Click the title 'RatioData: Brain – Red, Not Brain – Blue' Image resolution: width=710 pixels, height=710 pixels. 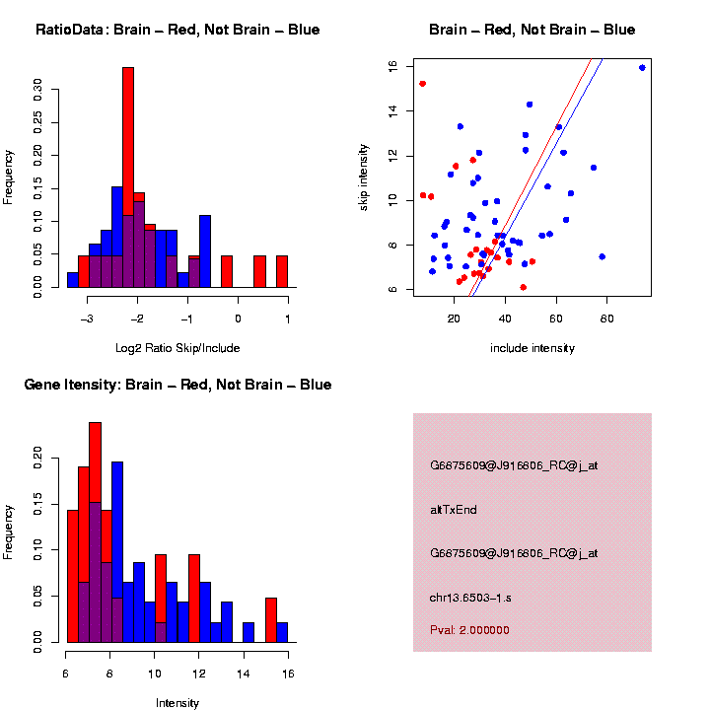pyautogui.click(x=177, y=30)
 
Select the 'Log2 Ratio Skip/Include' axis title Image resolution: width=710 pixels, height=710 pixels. pyautogui.click(x=177, y=347)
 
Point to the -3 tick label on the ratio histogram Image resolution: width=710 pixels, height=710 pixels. pyautogui.click(x=87, y=318)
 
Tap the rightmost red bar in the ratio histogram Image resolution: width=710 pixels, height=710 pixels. pyautogui.click(x=282, y=271)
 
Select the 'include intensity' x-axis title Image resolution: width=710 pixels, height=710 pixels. pyautogui.click(x=532, y=347)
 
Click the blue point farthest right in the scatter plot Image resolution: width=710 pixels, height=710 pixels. pyautogui.click(x=642, y=68)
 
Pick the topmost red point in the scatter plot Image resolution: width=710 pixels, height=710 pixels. pyautogui.click(x=422, y=84)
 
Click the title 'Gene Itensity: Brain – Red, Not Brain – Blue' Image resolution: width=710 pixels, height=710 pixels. pyautogui.click(x=177, y=385)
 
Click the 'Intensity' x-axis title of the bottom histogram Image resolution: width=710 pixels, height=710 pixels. pyautogui.click(x=177, y=703)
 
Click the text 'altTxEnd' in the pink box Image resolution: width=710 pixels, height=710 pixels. pyautogui.click(x=454, y=510)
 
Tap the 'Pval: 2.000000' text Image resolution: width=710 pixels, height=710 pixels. pyautogui.click(x=469, y=630)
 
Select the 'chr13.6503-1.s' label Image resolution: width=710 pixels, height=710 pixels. pyautogui.click(x=470, y=598)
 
